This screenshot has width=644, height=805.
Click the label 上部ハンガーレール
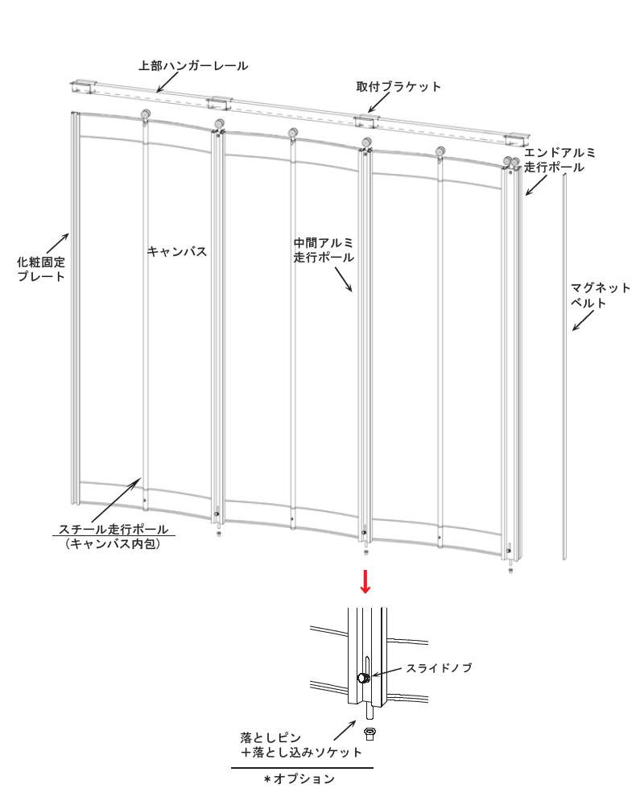[193, 66]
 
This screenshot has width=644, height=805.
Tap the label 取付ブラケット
[398, 87]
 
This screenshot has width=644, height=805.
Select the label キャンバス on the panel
[176, 251]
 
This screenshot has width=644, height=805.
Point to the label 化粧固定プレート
[41, 269]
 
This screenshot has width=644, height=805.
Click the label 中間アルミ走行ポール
[324, 250]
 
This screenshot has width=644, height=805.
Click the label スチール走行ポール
[114, 529]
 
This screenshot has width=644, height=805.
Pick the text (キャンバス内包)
[113, 543]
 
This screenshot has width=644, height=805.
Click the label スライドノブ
[439, 668]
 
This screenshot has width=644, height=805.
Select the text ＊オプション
[299, 778]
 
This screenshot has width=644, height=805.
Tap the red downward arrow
[365, 581]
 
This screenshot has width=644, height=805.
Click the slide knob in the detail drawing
[364, 678]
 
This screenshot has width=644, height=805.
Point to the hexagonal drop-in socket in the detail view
[369, 733]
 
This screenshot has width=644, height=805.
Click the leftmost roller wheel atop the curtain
[146, 115]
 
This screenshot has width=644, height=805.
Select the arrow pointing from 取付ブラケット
[379, 103]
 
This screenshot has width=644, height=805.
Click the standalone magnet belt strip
[565, 366]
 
